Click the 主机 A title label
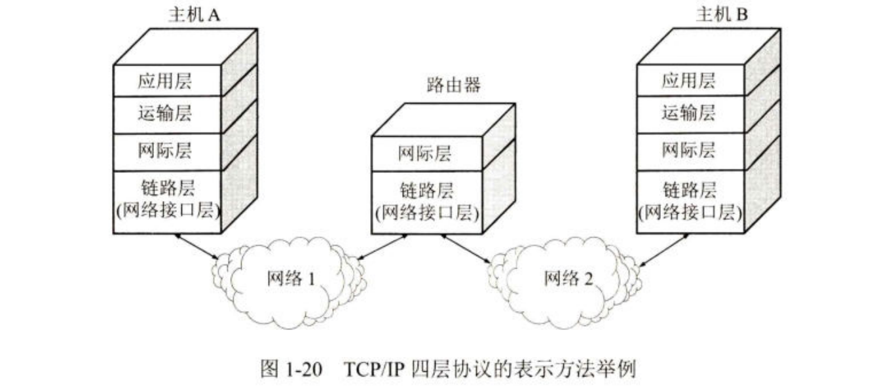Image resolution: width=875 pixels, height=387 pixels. click(194, 15)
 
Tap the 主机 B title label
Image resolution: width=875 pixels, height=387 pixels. click(721, 15)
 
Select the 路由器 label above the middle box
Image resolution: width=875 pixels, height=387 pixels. click(451, 86)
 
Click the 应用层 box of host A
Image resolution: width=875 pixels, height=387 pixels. click(168, 81)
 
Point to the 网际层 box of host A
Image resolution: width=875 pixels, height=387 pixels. click(168, 151)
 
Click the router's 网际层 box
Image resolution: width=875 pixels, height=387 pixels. click(426, 154)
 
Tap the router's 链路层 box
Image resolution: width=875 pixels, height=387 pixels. click(426, 202)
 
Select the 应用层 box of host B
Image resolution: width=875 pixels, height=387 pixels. click(690, 81)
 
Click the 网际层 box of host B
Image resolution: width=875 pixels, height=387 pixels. click(690, 151)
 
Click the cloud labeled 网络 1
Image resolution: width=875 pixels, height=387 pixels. click(291, 280)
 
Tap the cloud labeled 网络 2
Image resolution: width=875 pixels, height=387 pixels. click(567, 280)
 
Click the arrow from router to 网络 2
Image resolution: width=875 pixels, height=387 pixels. click(467, 249)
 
